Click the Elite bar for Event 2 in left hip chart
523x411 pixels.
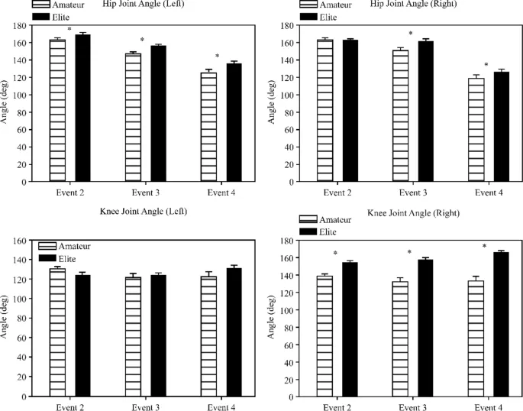click(82, 108)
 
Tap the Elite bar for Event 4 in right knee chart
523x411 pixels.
click(500, 324)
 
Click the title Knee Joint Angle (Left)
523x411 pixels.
click(143, 210)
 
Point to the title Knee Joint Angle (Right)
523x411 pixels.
click(414, 213)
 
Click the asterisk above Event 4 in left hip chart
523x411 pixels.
click(217, 57)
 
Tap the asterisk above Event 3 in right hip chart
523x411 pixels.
click(410, 34)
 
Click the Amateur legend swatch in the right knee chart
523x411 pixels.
click(308, 219)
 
